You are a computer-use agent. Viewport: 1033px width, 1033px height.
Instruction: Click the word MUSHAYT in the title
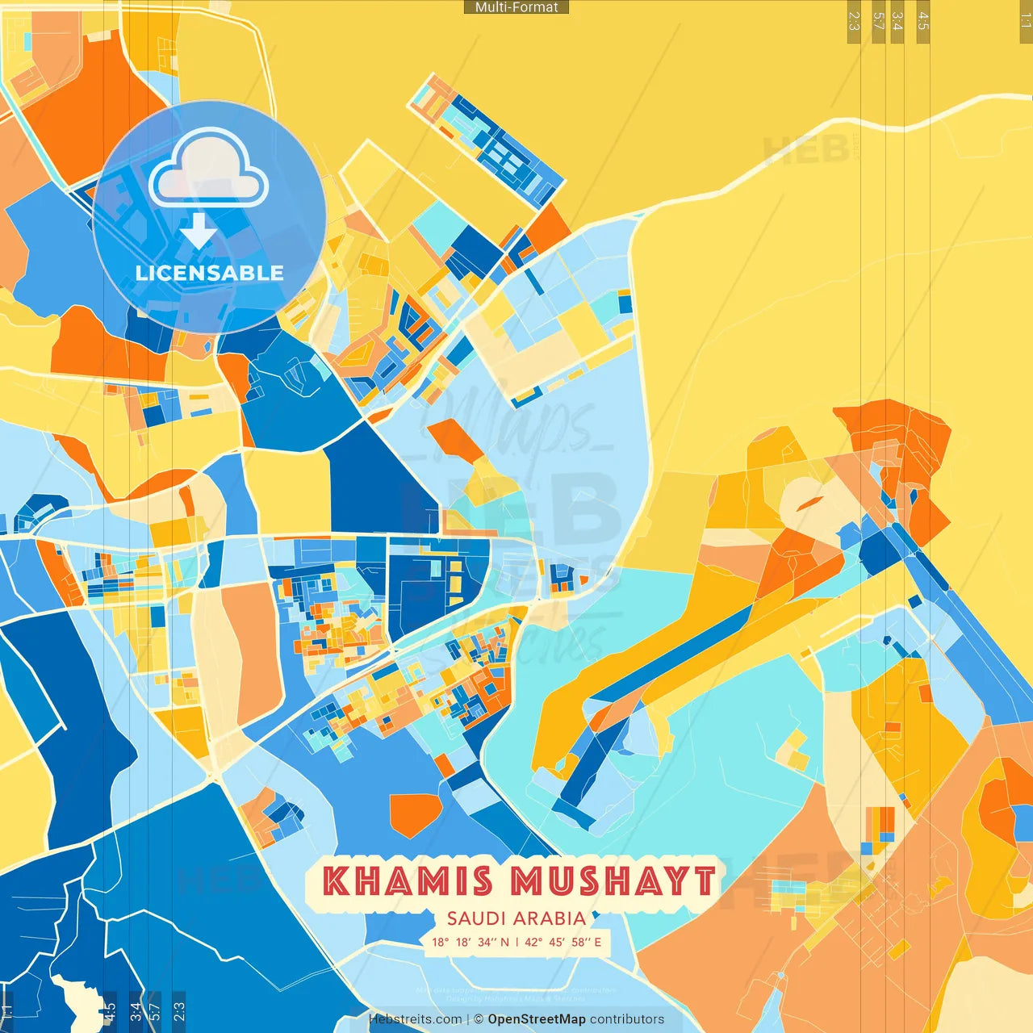click(613, 881)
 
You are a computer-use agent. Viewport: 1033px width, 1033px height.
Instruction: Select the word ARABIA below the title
click(552, 918)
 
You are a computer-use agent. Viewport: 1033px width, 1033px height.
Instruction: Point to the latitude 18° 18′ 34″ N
click(470, 942)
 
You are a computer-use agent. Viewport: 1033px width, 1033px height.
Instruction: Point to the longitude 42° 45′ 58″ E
click(563, 942)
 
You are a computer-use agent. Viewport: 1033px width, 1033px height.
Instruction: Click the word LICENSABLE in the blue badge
click(210, 273)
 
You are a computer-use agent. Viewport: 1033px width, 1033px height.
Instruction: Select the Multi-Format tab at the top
click(516, 7)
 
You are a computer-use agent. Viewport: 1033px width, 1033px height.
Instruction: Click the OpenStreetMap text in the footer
click(537, 1019)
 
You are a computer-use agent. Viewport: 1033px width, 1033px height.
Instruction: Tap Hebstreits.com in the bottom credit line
click(416, 1019)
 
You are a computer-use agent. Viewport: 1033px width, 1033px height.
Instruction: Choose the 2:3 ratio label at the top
click(854, 21)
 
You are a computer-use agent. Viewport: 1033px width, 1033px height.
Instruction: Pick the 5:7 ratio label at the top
click(879, 21)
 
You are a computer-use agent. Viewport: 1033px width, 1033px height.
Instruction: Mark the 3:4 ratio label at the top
click(897, 21)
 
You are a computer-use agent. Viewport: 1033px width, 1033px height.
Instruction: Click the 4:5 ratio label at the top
click(923, 21)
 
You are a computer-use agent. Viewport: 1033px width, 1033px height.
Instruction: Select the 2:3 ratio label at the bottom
click(179, 1010)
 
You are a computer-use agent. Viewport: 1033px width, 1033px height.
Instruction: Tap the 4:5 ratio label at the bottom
click(110, 1010)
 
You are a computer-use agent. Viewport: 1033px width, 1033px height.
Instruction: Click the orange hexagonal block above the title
click(416, 815)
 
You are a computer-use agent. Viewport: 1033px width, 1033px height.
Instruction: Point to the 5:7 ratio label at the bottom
click(155, 1010)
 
